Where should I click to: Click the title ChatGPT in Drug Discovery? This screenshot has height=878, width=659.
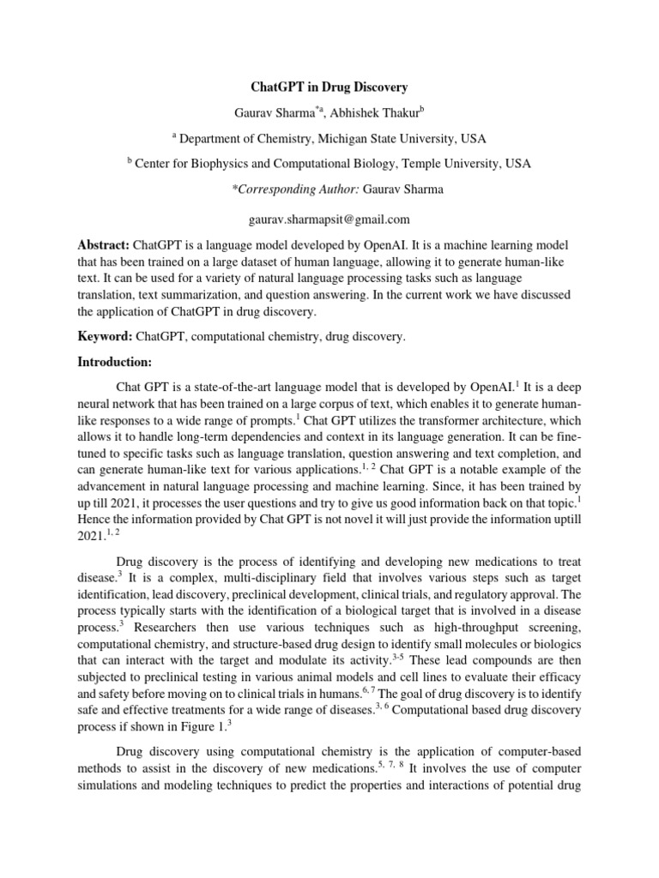tap(329, 87)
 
